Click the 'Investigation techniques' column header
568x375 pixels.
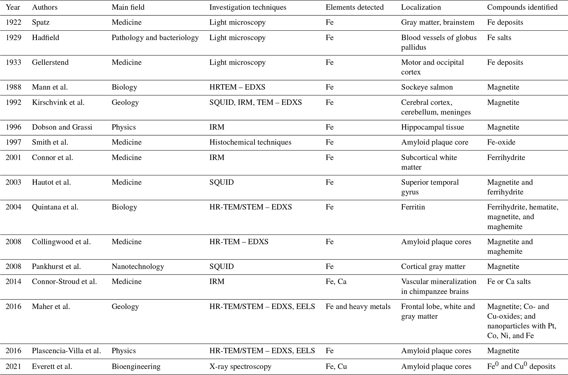(x=248, y=7)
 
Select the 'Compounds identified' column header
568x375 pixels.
(x=522, y=7)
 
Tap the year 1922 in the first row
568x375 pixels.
(x=13, y=22)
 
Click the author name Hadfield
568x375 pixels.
(x=45, y=37)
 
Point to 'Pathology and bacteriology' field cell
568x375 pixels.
(x=155, y=37)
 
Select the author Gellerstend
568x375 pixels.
(x=50, y=62)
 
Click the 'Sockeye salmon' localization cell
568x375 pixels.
(x=427, y=87)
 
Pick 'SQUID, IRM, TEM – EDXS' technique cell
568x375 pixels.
(x=255, y=102)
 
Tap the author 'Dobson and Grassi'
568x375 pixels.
(x=62, y=127)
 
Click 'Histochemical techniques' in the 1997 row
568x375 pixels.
(x=250, y=142)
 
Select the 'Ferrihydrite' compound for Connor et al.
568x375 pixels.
(x=506, y=157)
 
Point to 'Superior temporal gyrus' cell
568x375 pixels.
(x=430, y=187)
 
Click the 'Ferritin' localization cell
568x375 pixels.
(x=413, y=207)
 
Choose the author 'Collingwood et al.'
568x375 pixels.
(x=61, y=242)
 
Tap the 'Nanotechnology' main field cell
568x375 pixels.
(x=138, y=266)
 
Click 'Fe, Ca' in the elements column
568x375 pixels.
(x=336, y=281)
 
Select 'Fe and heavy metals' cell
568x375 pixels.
(x=358, y=306)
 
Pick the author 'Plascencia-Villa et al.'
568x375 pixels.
(x=66, y=351)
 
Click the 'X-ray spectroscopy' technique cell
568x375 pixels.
(x=240, y=366)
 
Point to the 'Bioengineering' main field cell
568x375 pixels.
(x=136, y=366)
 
